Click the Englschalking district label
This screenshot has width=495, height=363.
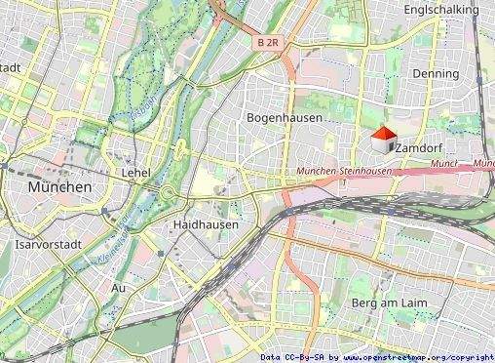click(441, 10)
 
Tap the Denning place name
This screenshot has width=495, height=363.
click(435, 73)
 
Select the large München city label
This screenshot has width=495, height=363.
click(59, 186)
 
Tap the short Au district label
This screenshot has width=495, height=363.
click(119, 288)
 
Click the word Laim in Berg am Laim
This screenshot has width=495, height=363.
click(410, 304)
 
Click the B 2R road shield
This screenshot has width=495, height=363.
click(269, 43)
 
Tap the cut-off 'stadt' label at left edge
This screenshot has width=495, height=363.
click(11, 67)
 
